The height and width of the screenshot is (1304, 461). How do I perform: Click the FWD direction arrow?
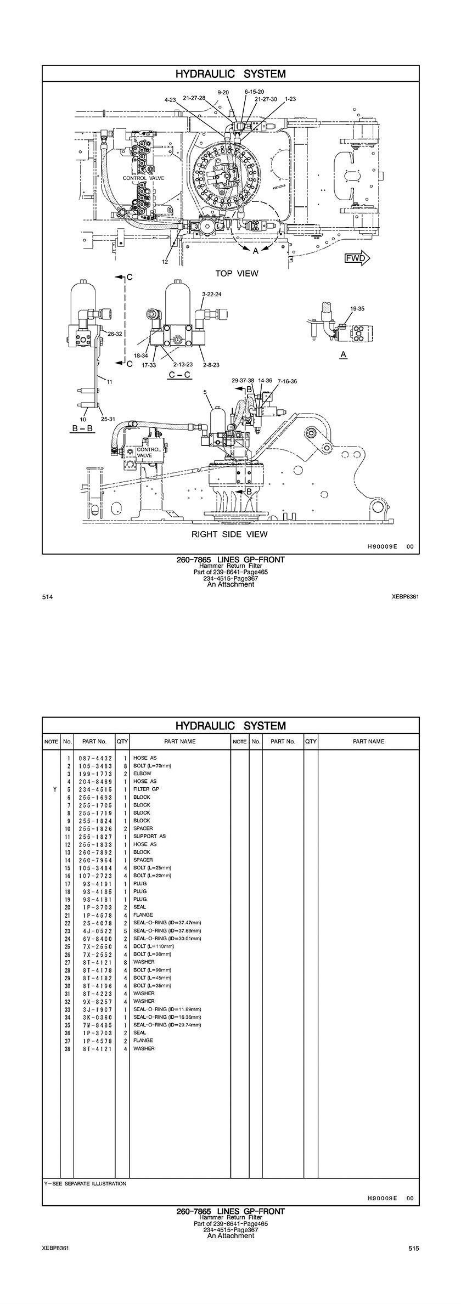pos(357,258)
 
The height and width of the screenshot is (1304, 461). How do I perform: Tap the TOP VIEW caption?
pos(237,273)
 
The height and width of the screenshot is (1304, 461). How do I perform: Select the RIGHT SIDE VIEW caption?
pos(229,534)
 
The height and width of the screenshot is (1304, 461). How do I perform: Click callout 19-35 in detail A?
pos(357,309)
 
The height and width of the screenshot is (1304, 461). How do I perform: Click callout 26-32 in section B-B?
pos(115,334)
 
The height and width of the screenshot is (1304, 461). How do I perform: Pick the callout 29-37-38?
pos(243,380)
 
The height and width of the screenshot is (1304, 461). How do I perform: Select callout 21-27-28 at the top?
pos(194,98)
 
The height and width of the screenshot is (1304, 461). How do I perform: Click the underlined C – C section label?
pos(179,375)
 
